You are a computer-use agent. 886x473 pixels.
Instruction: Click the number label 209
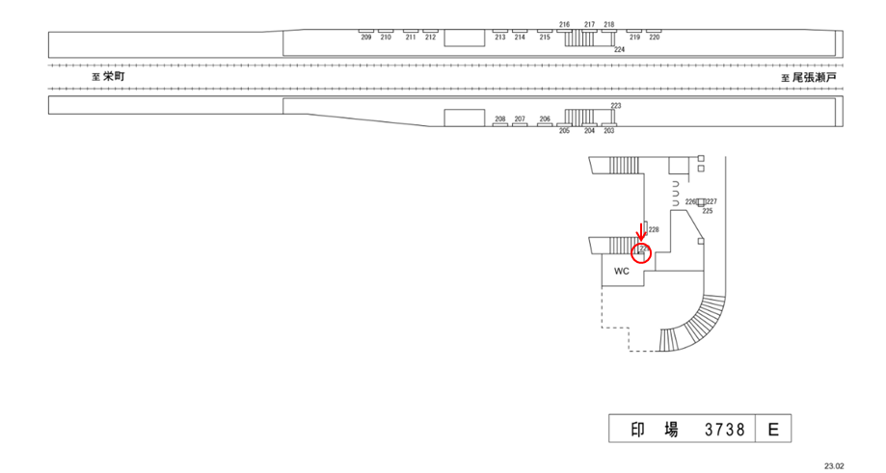(x=366, y=37)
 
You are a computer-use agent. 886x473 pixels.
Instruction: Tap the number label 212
(x=430, y=37)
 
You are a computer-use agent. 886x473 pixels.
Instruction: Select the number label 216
(x=564, y=24)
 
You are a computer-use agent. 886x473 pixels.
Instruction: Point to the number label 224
(x=619, y=49)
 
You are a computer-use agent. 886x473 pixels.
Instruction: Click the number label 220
(x=655, y=37)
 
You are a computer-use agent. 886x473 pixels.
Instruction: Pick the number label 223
(x=616, y=105)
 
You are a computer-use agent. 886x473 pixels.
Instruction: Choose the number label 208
(x=499, y=119)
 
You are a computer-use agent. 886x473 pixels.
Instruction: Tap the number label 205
(x=564, y=131)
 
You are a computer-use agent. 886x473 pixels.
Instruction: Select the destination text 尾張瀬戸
(x=815, y=77)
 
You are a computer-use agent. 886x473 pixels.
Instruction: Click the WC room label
(x=622, y=271)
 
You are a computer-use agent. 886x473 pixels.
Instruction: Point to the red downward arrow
(x=642, y=232)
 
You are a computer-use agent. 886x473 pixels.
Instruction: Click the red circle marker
(x=642, y=253)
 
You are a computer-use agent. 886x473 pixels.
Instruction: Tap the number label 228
(x=653, y=230)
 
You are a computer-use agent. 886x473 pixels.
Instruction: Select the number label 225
(x=707, y=211)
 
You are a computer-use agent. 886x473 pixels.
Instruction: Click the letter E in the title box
(x=773, y=430)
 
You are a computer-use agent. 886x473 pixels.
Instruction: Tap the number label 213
(x=499, y=37)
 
